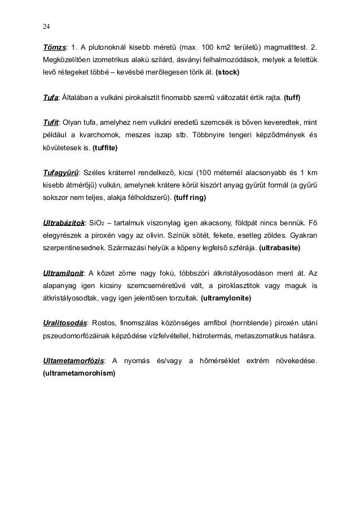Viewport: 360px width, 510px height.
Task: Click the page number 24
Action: coord(46,26)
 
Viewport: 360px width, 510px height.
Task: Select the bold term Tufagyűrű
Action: coord(61,172)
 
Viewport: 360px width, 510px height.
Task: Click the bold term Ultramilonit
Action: coord(63,272)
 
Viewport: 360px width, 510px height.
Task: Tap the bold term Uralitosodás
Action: coord(65,323)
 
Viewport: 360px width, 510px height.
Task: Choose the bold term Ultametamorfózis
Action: coord(73,360)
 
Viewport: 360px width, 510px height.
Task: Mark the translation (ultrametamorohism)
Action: coord(79,373)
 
